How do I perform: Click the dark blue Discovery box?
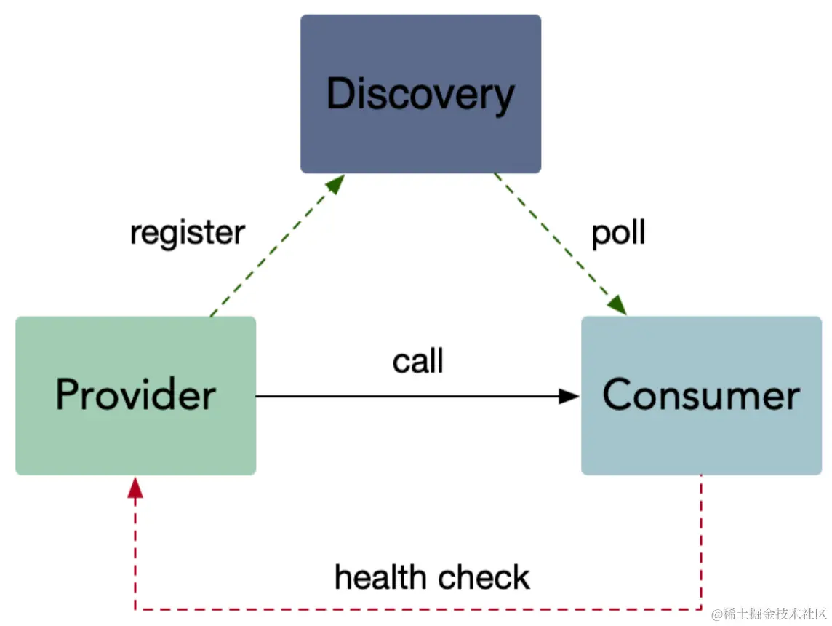click(x=421, y=93)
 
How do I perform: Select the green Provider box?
click(x=136, y=395)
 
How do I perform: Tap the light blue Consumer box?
click(x=702, y=395)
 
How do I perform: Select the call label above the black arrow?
click(x=417, y=361)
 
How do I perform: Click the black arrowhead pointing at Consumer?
click(x=569, y=396)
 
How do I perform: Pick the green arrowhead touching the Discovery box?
click(x=335, y=183)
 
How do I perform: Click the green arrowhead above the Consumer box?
click(x=617, y=305)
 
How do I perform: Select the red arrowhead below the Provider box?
click(x=135, y=488)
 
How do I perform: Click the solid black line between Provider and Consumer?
click(x=407, y=396)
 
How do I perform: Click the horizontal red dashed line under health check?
click(x=418, y=609)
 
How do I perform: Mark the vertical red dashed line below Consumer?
click(x=701, y=542)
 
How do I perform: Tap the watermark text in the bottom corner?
click(x=769, y=614)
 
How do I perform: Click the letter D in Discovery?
click(x=340, y=93)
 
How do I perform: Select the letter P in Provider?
click(x=68, y=394)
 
